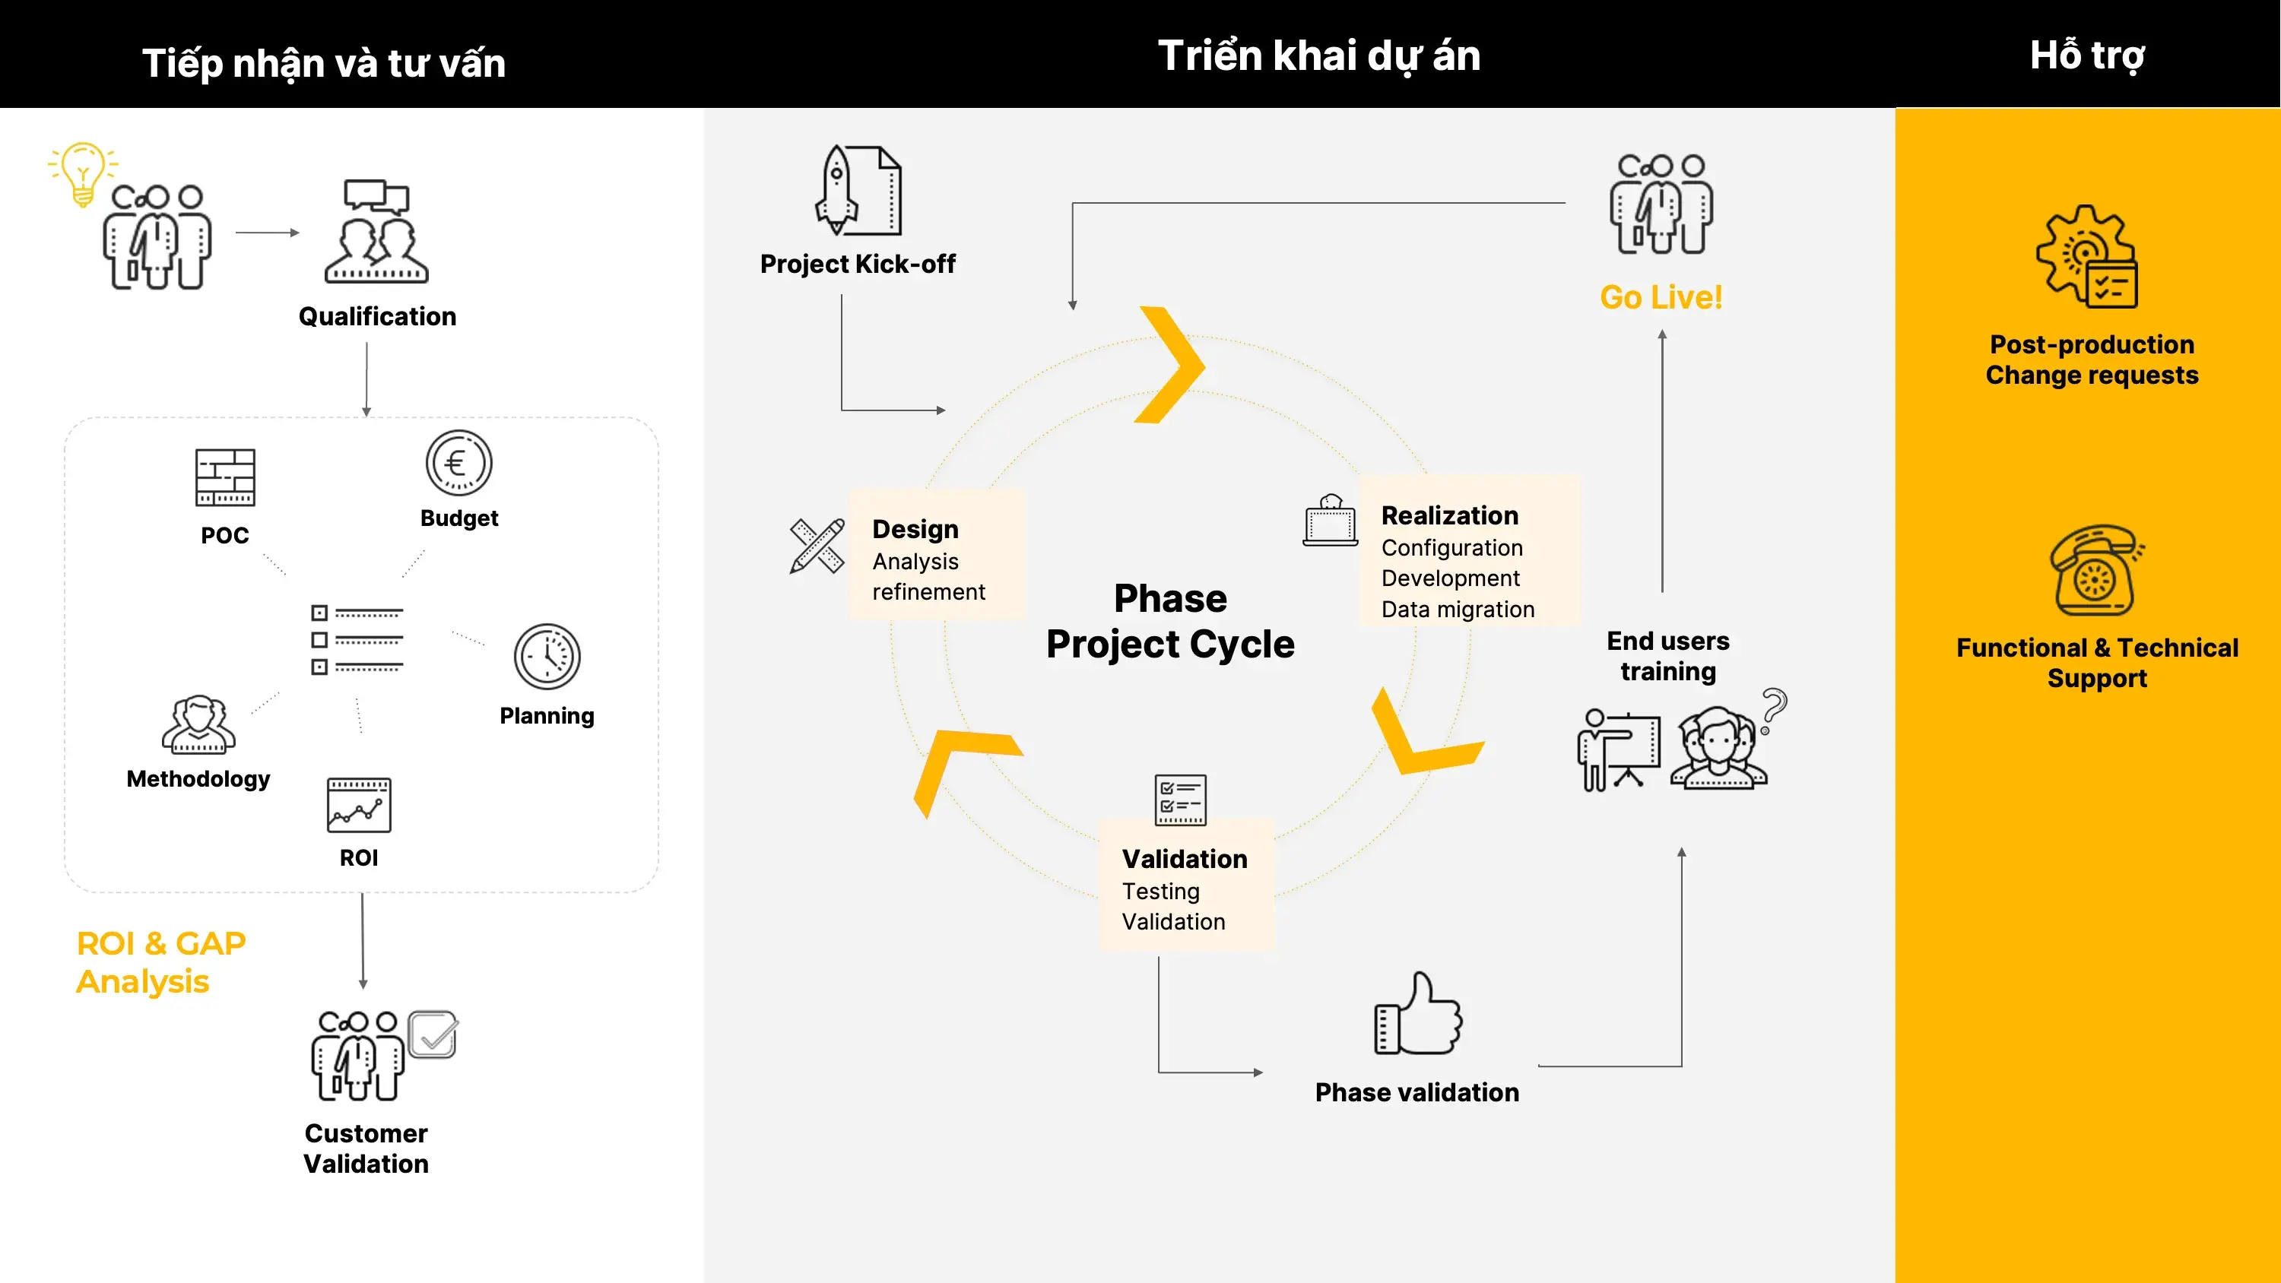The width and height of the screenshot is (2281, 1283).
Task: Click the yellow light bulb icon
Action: point(82,173)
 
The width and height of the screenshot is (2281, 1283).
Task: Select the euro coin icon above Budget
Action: point(458,462)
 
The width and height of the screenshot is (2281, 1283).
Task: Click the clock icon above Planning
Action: point(547,656)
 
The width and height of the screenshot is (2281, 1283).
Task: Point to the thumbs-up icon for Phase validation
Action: point(1418,1013)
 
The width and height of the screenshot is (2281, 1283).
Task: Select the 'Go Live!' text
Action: point(1661,297)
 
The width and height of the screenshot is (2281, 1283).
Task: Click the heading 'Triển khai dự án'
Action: point(1319,55)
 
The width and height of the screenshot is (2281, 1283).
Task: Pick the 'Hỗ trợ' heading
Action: point(2087,55)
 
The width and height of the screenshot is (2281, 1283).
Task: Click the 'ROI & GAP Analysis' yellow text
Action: point(161,962)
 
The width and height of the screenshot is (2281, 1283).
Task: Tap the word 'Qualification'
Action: point(377,316)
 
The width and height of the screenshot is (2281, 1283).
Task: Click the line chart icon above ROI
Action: point(359,805)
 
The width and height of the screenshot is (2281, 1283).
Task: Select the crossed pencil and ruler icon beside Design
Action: point(817,546)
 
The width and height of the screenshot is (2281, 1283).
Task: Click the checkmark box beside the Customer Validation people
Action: point(432,1034)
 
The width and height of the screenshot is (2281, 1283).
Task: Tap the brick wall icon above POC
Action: point(225,477)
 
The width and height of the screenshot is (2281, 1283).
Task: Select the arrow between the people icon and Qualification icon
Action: point(268,233)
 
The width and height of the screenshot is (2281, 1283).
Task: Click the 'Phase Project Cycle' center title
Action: point(1171,622)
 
